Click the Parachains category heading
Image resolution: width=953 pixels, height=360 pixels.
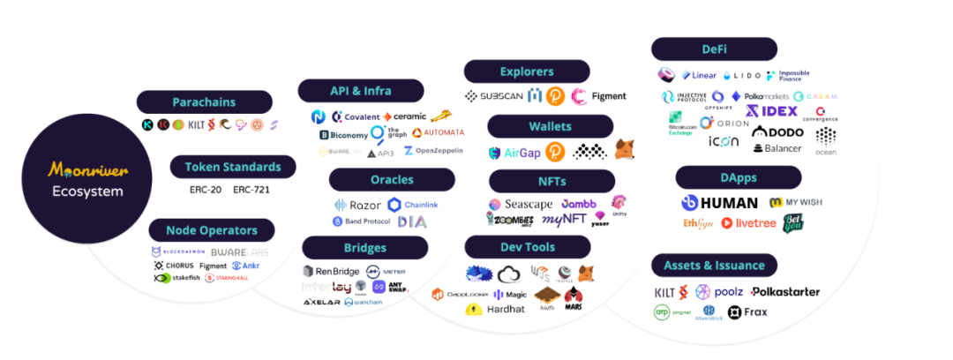tap(204, 102)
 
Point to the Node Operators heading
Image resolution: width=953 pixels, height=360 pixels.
tap(211, 230)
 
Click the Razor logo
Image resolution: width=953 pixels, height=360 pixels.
tap(358, 205)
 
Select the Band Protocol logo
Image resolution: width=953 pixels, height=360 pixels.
tap(362, 221)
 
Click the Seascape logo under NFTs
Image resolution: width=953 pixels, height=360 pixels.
tap(521, 205)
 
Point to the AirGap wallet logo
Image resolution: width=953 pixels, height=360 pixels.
tap(514, 153)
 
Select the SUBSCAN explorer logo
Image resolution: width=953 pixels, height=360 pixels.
tap(496, 96)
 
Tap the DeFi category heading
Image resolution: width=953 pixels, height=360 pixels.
tap(714, 49)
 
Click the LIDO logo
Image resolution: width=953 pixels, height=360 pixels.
tap(742, 76)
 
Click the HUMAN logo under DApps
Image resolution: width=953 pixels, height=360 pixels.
tap(720, 203)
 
